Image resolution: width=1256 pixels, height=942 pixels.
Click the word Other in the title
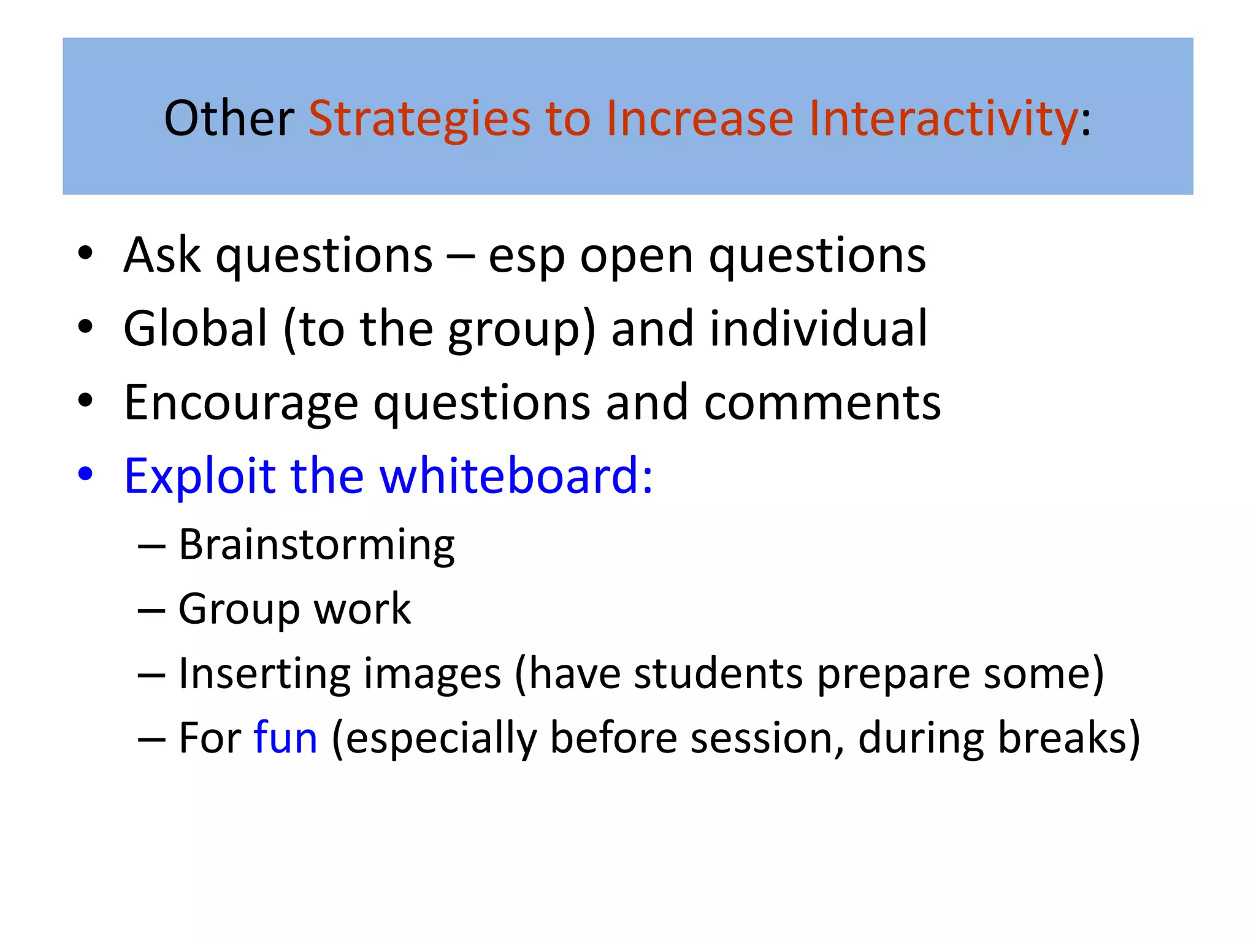point(229,118)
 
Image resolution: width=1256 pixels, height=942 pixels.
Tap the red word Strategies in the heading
point(419,119)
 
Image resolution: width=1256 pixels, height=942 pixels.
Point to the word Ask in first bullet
point(162,255)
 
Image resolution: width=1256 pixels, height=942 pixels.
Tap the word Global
point(195,329)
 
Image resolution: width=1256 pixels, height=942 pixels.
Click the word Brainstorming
point(316,545)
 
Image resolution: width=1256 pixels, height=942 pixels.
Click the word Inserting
point(264,674)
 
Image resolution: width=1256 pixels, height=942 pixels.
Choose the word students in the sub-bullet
point(718,674)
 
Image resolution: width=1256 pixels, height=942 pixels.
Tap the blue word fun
point(285,738)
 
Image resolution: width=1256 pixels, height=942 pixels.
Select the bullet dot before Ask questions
point(85,253)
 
